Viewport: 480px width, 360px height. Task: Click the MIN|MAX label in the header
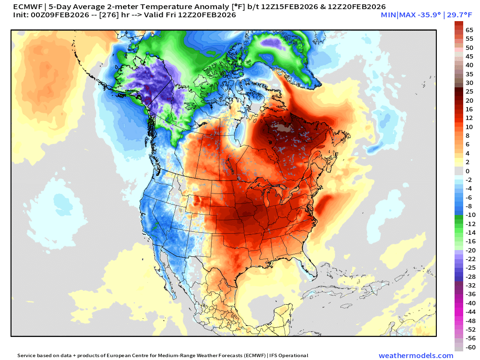click(x=396, y=15)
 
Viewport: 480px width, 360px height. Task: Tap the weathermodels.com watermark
click(x=416, y=356)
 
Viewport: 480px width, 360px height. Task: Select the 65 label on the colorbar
click(x=469, y=30)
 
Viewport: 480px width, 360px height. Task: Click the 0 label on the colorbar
click(x=468, y=171)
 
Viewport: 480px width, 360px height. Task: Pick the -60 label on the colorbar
click(x=470, y=347)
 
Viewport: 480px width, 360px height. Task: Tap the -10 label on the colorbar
click(x=470, y=215)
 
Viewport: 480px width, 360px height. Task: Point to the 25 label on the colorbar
click(x=469, y=91)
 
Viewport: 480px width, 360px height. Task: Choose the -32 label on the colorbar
click(x=470, y=285)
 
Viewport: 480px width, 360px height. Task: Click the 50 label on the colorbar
click(x=469, y=48)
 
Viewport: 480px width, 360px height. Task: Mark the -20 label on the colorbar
click(x=470, y=250)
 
